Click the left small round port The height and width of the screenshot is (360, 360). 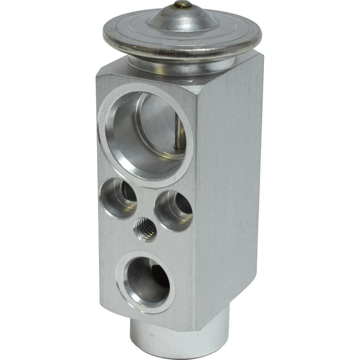[118, 198]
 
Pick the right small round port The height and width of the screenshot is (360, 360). [173, 211]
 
